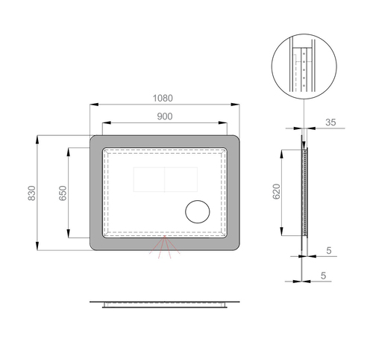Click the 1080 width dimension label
pos(163,98)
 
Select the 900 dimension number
pos(165,117)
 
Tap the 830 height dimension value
pos(32,193)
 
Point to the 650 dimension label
pos(63,193)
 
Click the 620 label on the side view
pos(276,191)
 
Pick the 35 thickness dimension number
pos(330,122)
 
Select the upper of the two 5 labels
pos(329,250)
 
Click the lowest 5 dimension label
pos(323,276)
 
